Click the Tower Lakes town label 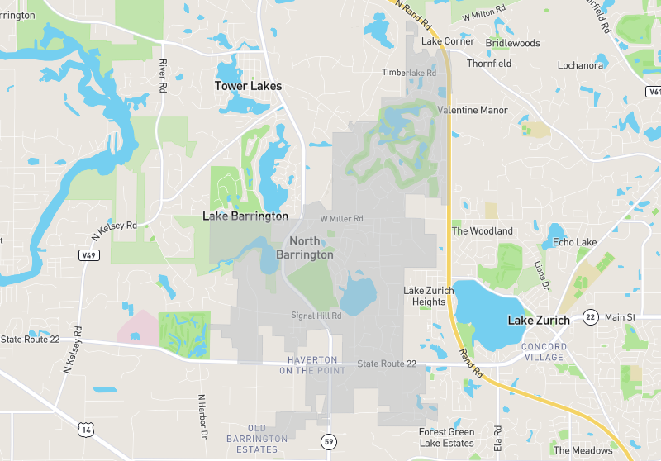click(x=248, y=86)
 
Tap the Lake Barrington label click(x=245, y=216)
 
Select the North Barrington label click(x=305, y=248)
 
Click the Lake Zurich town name click(x=539, y=321)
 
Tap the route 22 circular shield click(x=590, y=316)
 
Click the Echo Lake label click(x=574, y=242)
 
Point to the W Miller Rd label click(x=341, y=219)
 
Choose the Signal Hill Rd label click(x=316, y=316)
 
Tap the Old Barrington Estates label click(x=257, y=439)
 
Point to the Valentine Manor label click(x=472, y=110)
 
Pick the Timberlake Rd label click(x=408, y=73)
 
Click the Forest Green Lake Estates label click(x=446, y=438)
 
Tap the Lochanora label click(x=581, y=64)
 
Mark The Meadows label click(x=583, y=450)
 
